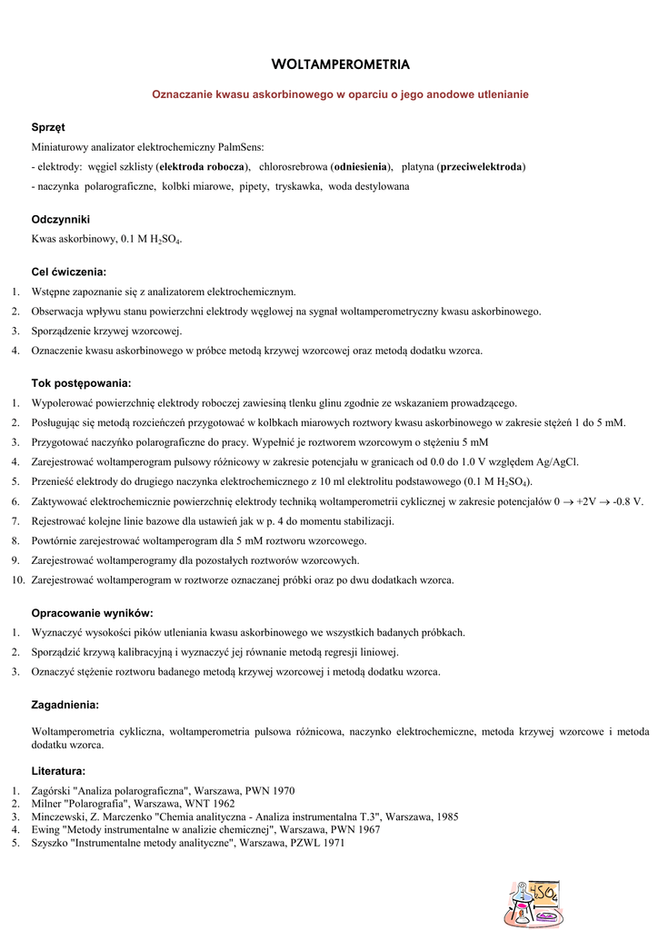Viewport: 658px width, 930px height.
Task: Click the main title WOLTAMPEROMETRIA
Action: (341, 64)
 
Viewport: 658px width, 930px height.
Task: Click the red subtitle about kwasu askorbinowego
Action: (340, 94)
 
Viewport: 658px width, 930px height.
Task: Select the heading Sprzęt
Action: (48, 127)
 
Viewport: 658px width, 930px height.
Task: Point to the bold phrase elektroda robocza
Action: (201, 167)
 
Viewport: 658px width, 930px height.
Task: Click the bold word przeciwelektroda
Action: (481, 167)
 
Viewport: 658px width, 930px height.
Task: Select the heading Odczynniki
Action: (61, 220)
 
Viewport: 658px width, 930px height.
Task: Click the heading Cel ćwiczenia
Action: (69, 272)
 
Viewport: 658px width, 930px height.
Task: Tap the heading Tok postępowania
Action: (82, 383)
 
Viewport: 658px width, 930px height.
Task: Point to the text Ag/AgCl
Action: (558, 462)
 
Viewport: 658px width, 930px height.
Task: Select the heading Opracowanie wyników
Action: (93, 613)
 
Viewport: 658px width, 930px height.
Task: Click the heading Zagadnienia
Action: (65, 705)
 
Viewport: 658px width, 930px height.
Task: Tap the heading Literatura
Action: (59, 770)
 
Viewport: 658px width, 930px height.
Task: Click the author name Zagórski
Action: (49, 791)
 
